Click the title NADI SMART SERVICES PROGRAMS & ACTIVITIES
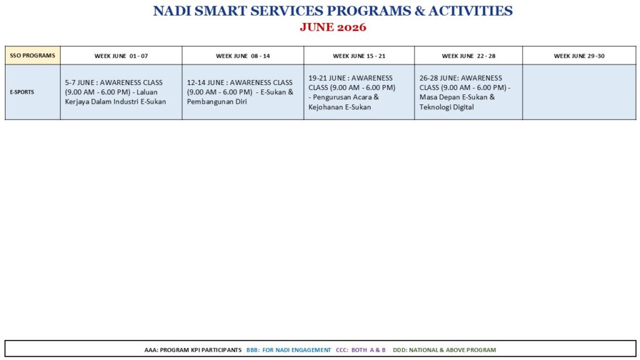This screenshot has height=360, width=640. [332, 11]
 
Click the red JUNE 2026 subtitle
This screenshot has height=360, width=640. [332, 27]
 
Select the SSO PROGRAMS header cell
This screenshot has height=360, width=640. [32, 56]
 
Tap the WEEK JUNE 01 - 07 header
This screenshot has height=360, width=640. [121, 56]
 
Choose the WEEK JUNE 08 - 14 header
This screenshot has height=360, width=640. [243, 56]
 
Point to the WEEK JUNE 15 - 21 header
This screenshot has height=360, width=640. [359, 56]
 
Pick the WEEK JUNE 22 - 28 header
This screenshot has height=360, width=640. [469, 56]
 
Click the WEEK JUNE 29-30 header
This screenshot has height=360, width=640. [579, 56]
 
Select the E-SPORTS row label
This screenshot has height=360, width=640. [22, 92]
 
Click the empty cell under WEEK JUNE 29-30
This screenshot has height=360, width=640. [579, 92]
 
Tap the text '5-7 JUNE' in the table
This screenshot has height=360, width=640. [79, 82]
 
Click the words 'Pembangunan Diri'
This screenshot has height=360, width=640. [217, 102]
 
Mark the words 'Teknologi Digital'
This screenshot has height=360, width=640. [446, 107]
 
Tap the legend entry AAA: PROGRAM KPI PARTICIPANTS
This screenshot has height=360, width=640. [192, 350]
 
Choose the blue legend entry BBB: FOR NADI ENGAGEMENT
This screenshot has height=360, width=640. [289, 350]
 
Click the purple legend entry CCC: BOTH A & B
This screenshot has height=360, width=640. [361, 350]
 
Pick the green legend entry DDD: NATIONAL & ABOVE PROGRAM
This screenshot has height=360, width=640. [444, 350]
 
